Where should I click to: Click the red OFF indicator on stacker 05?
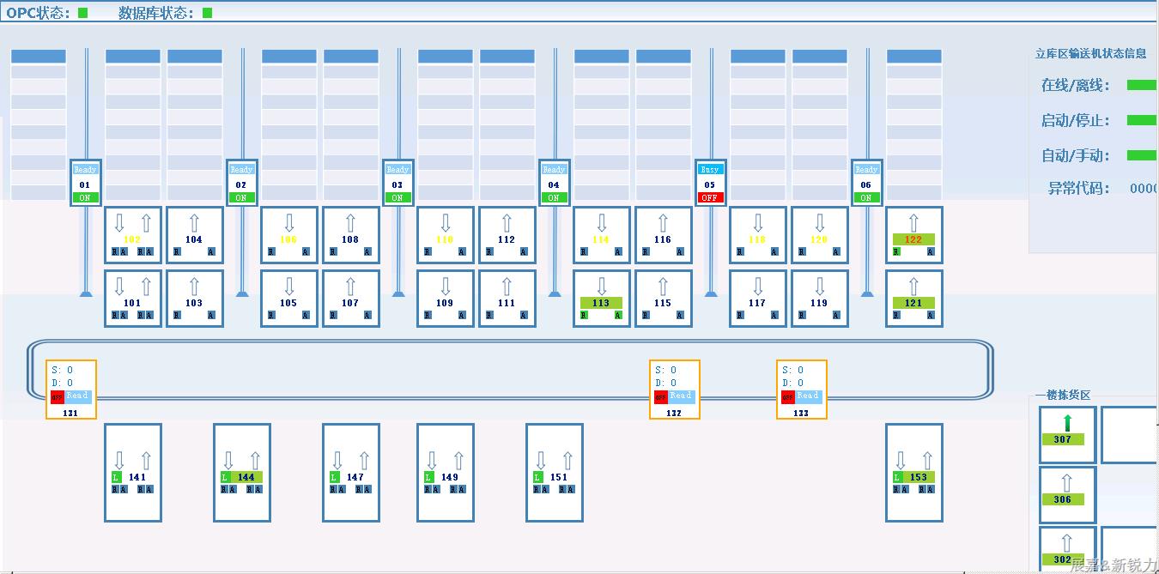click(x=709, y=197)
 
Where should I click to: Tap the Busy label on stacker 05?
click(x=709, y=170)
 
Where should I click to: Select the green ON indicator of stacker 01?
click(x=84, y=197)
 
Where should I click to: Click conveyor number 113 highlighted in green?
click(x=601, y=303)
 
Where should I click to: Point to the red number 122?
click(x=913, y=239)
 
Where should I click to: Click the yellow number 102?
click(x=132, y=239)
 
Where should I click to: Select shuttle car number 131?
click(x=70, y=413)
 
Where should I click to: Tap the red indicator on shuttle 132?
click(x=660, y=396)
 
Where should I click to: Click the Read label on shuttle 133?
click(x=808, y=396)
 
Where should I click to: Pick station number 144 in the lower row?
click(x=246, y=477)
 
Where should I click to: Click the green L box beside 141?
click(x=116, y=477)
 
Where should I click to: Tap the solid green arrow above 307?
click(x=1067, y=422)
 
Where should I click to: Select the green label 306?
click(x=1063, y=499)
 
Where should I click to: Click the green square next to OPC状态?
click(x=83, y=13)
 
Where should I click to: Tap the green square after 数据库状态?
click(x=208, y=13)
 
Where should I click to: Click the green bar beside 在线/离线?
click(x=1141, y=85)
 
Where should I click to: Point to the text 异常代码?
click(x=1078, y=189)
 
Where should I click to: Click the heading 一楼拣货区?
click(x=1062, y=396)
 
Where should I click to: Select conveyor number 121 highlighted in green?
click(x=913, y=303)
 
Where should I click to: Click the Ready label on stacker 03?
click(x=397, y=170)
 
